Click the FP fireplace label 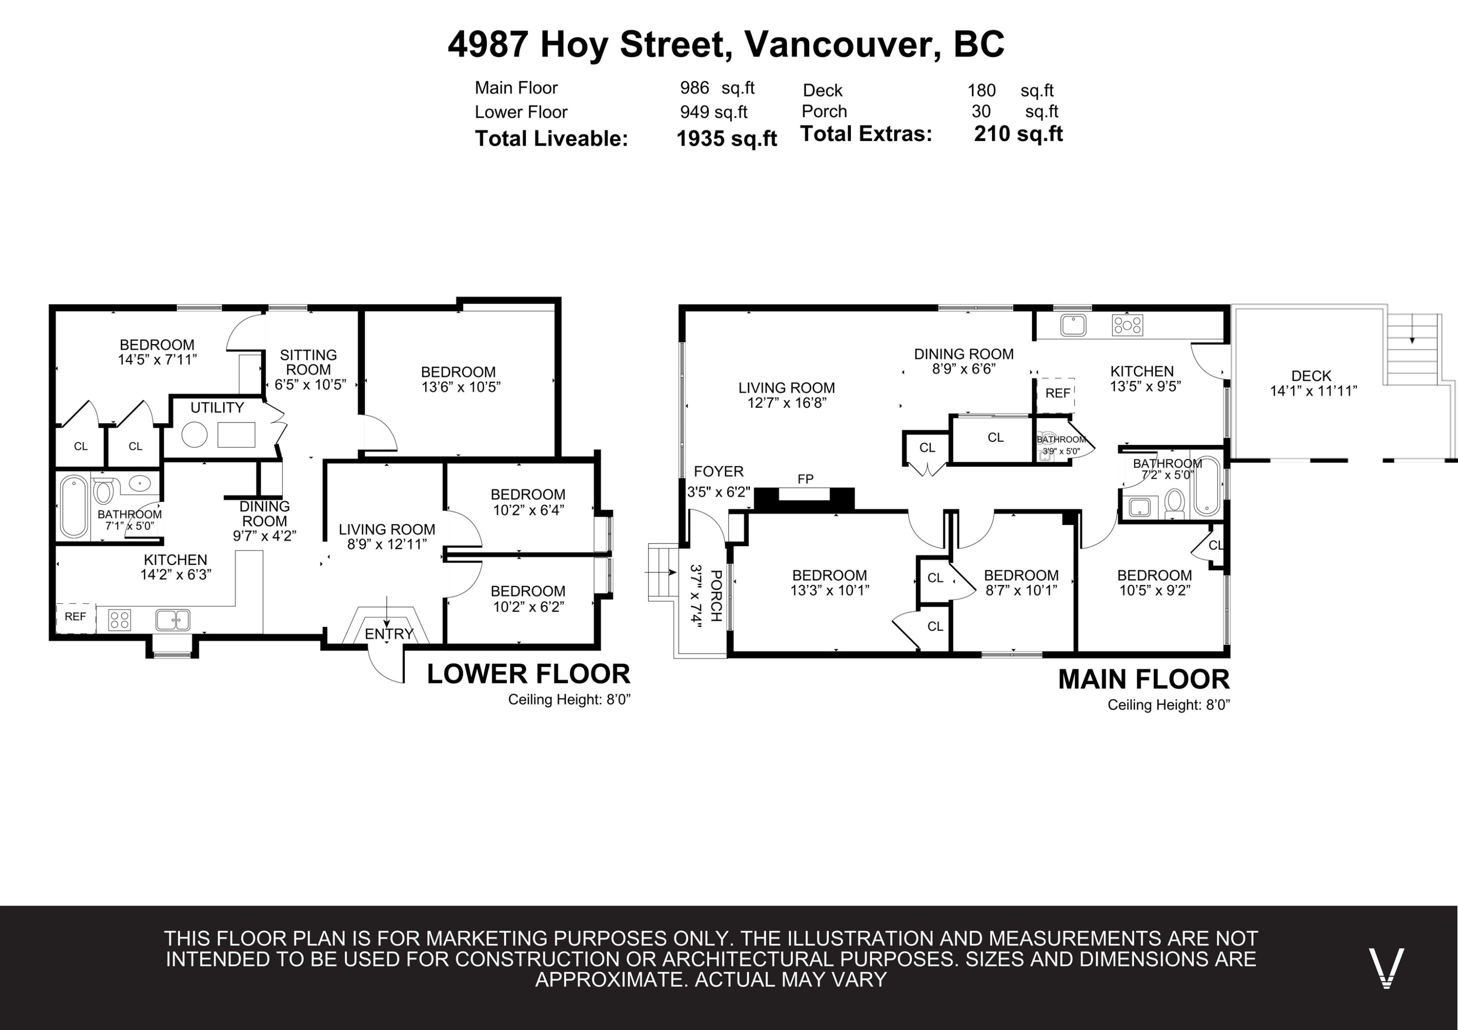(x=805, y=479)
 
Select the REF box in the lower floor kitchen (x=75, y=617)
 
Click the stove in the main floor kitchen (x=1127, y=326)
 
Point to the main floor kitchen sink (x=1073, y=326)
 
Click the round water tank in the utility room (x=194, y=435)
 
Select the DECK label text (x=1311, y=376)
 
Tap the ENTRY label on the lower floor (x=389, y=634)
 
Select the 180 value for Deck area (x=982, y=91)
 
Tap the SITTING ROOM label (x=309, y=362)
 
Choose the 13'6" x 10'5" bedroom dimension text (x=461, y=387)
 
